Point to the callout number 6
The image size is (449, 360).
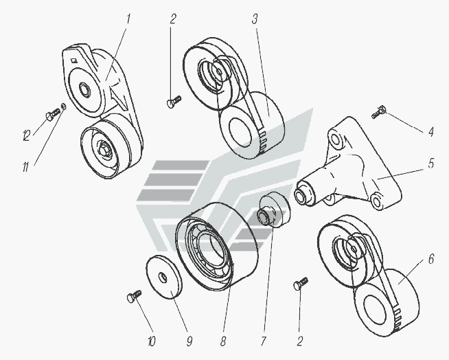[430, 259]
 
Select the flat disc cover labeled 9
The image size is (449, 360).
[162, 276]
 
